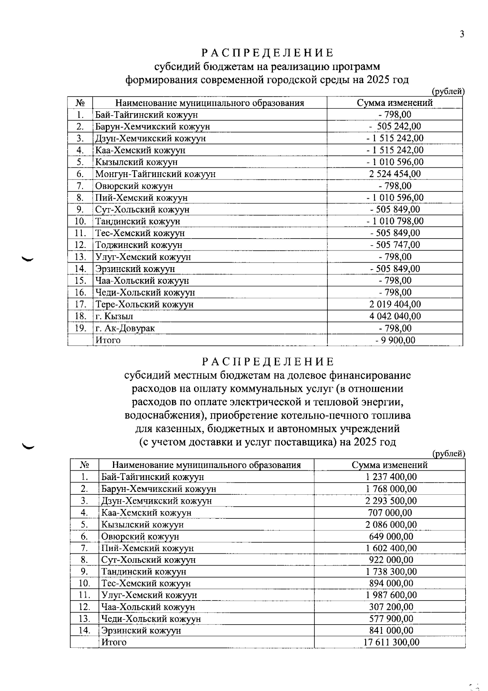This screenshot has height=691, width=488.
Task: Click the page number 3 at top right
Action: point(462,34)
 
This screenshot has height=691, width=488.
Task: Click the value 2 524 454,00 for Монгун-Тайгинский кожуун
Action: point(395,174)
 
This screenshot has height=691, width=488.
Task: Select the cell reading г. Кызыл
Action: point(114,316)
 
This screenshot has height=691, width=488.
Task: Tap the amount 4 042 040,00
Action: point(395,316)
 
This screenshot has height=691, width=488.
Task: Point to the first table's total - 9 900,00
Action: point(395,340)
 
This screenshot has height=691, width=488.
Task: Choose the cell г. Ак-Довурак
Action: point(125,328)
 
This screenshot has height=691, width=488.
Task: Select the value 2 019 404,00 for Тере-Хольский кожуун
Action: point(395,305)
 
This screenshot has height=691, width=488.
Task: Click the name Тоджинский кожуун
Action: point(139,245)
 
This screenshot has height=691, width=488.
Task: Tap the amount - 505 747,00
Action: point(395,245)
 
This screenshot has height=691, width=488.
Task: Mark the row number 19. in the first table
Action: point(81,328)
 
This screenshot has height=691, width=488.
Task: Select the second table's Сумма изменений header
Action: point(390,465)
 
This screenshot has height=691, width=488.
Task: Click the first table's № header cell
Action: point(80,103)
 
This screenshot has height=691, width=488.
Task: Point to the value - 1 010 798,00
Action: point(395,222)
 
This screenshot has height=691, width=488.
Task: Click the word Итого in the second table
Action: point(114,643)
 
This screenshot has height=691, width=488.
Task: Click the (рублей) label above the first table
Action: point(448,92)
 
